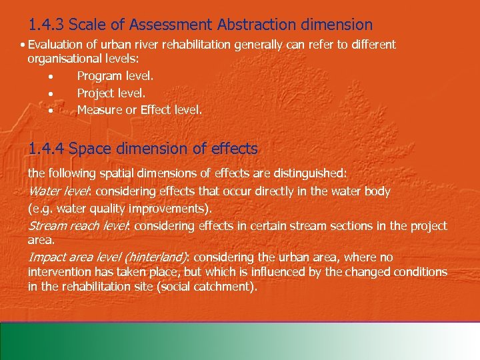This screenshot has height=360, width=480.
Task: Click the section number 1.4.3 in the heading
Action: click(46, 25)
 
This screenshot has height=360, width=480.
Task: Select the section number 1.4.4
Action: click(46, 148)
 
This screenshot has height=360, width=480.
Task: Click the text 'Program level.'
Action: click(115, 77)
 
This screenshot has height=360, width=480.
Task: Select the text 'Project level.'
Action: click(111, 93)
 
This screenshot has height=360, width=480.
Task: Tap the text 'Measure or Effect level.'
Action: click(139, 109)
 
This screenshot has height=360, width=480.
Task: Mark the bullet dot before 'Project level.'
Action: click(51, 94)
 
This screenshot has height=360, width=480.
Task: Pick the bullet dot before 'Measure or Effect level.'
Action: click(51, 110)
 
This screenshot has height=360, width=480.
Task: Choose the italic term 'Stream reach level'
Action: click(80, 225)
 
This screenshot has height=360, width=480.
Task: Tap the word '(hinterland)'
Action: click(156, 257)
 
